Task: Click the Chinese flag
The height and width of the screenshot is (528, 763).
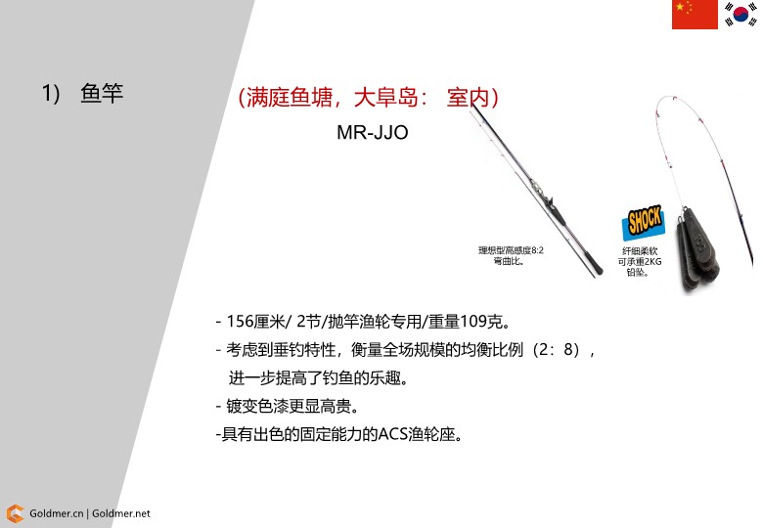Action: point(695,15)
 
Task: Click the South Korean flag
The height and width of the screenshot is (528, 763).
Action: point(741,14)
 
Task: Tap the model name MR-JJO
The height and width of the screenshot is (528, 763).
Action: point(373,132)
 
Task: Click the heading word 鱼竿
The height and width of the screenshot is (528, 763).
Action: point(102,93)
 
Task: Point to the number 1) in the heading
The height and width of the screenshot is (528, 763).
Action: point(51,93)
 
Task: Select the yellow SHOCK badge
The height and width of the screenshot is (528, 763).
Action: point(644,222)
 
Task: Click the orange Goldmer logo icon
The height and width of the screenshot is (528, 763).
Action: point(15,513)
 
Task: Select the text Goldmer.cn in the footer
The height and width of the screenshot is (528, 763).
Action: point(56,513)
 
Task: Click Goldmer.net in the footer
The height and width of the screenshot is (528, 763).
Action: point(121,513)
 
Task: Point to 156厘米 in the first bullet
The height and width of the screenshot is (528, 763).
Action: point(255,322)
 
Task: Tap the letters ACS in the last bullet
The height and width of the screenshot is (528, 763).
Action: point(392,434)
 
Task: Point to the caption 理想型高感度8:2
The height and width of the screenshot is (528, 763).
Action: point(511,250)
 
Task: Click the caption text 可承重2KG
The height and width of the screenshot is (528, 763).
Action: point(640,262)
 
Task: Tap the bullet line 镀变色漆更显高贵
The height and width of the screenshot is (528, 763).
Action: point(292,406)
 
